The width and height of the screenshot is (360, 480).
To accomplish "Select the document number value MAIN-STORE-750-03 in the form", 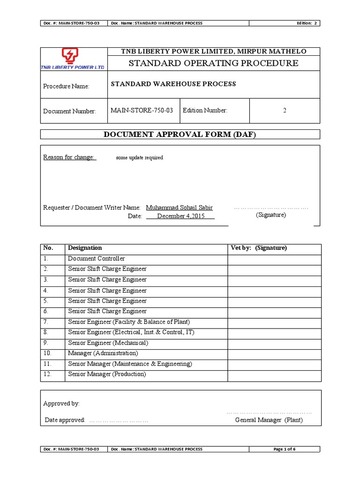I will [142, 111].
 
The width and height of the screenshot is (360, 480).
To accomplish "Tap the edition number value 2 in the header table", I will [285, 111].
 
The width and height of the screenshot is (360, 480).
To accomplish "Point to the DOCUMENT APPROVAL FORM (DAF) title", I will [180, 135].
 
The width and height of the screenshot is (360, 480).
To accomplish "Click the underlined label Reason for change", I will [69, 157].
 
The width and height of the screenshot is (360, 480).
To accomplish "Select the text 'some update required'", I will [139, 157].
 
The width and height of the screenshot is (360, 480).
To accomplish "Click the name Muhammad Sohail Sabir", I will [180, 207].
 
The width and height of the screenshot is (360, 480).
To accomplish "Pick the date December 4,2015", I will [180, 216].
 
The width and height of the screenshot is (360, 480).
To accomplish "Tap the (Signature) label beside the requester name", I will [270, 215].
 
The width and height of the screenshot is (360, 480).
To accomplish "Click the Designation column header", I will [85, 248].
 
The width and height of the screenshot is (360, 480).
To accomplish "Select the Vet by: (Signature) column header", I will [259, 248].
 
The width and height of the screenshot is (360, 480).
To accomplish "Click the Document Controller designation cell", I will [97, 259].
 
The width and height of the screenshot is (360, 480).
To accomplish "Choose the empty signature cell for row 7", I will [274, 322].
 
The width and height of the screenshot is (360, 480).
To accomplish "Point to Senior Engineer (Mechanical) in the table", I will [108, 343].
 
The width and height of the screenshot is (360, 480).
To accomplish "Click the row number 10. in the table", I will [47, 353].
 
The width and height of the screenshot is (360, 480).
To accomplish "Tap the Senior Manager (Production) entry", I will [107, 374].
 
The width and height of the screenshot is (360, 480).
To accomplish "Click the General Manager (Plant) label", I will [269, 420].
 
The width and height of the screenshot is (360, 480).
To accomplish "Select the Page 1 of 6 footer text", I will [285, 449].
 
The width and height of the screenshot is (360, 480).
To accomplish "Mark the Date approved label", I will [64, 420].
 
